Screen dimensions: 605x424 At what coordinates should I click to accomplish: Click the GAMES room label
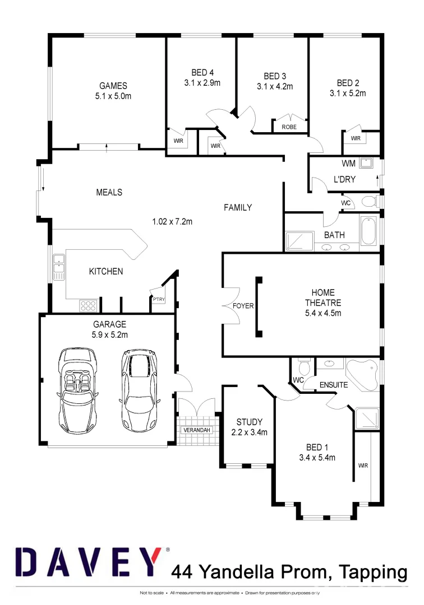tap(113, 86)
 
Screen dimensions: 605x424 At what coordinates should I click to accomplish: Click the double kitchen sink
tap(58, 267)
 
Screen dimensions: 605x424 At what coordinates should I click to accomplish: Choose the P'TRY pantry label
tap(159, 300)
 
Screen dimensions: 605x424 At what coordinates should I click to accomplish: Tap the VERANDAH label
tap(197, 430)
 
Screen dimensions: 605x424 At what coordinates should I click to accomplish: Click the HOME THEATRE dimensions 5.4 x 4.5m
tap(323, 313)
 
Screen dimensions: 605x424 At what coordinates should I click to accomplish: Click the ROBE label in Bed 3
tap(289, 127)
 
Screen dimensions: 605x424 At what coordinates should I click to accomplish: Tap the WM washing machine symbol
tap(367, 163)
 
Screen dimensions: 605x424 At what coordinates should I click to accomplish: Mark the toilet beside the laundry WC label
tap(368, 202)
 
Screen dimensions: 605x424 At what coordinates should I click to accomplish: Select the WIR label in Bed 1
tap(363, 465)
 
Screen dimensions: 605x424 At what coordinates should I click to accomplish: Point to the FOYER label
tap(243, 306)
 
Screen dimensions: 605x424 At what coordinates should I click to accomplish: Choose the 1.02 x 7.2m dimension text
tap(172, 221)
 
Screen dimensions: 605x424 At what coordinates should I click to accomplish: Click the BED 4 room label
tap(202, 72)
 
